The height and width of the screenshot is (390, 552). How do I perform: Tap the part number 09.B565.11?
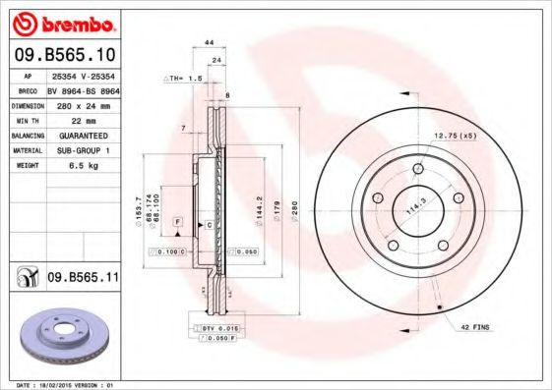[x=83, y=279]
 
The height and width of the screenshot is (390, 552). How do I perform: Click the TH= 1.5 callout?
[x=186, y=77]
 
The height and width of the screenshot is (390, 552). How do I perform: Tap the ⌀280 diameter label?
[x=294, y=210]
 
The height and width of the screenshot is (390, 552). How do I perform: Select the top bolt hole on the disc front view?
[x=418, y=169]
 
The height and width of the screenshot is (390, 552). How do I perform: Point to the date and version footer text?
[x=61, y=385]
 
